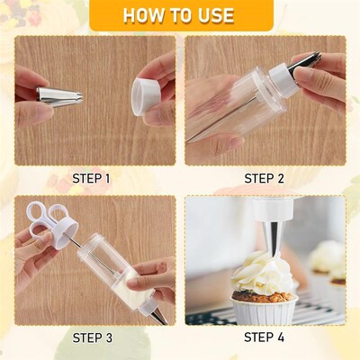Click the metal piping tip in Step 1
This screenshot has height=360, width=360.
tap(59, 94)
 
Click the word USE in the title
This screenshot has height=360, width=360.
tap(212, 15)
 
